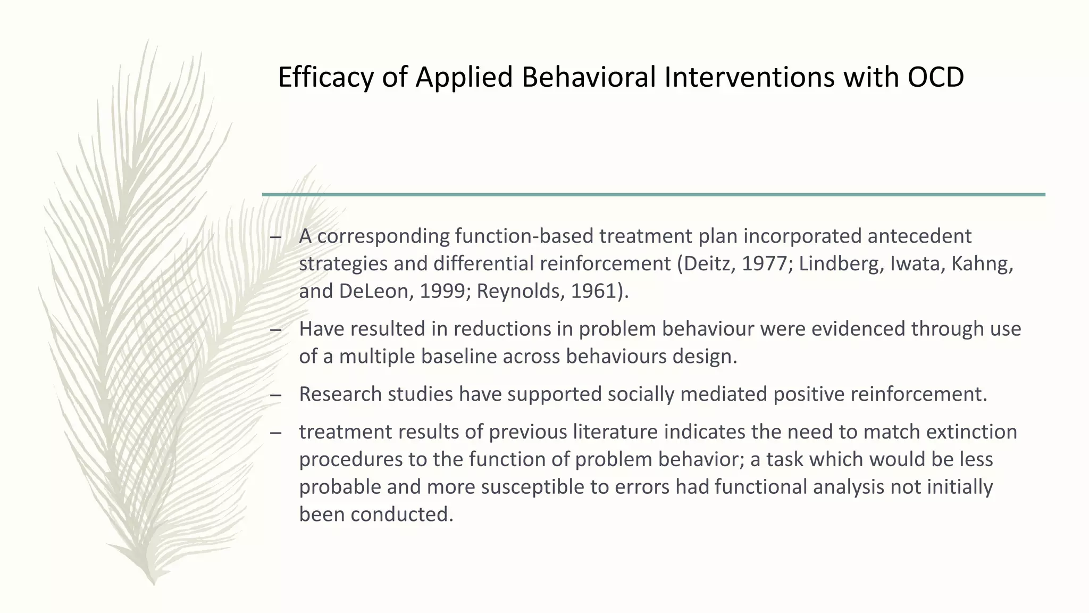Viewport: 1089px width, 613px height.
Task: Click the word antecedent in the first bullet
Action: [x=919, y=236]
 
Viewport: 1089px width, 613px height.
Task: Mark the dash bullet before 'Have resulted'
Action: [x=275, y=330]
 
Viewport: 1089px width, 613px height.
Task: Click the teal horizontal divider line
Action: [x=654, y=195]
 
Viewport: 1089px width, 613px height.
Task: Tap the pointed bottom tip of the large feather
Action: [x=153, y=583]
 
